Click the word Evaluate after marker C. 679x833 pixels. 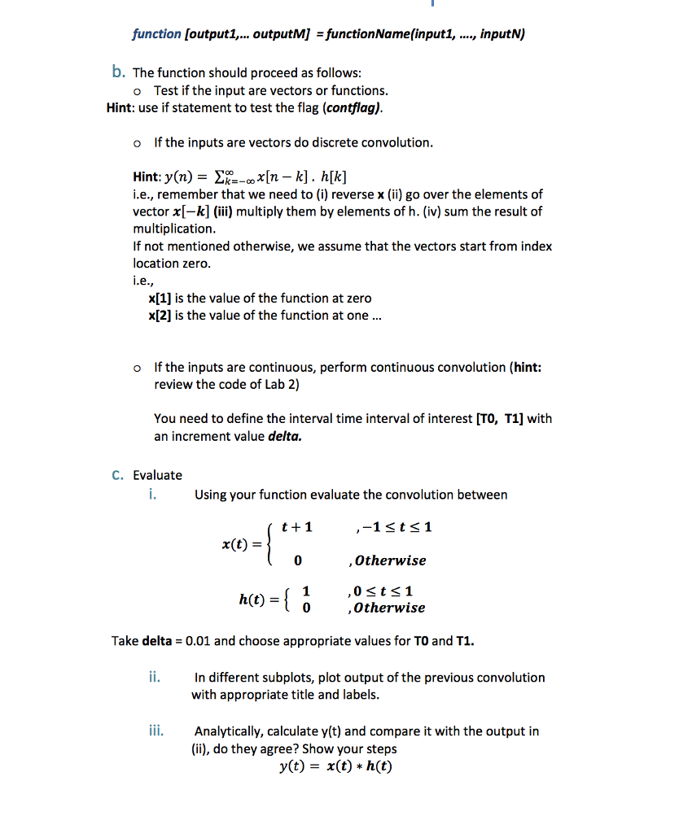[158, 475]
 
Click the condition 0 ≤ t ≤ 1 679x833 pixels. [386, 591]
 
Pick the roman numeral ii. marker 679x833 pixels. [152, 676]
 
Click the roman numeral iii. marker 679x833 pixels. [154, 731]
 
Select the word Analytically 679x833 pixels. [231, 731]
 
